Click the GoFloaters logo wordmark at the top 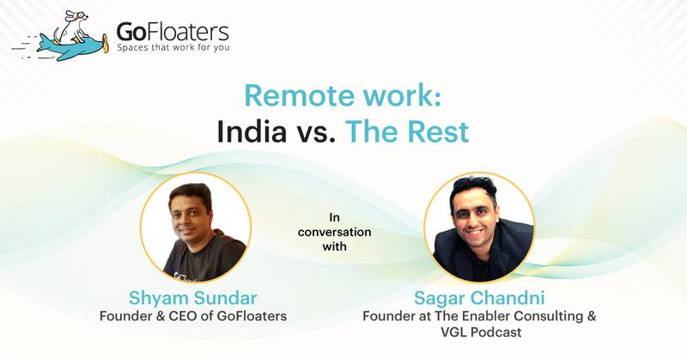pyautogui.click(x=173, y=32)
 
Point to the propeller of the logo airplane pyautogui.click(x=105, y=42)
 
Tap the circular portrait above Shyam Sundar pyautogui.click(x=196, y=227)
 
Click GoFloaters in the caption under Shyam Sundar pyautogui.click(x=252, y=317)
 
